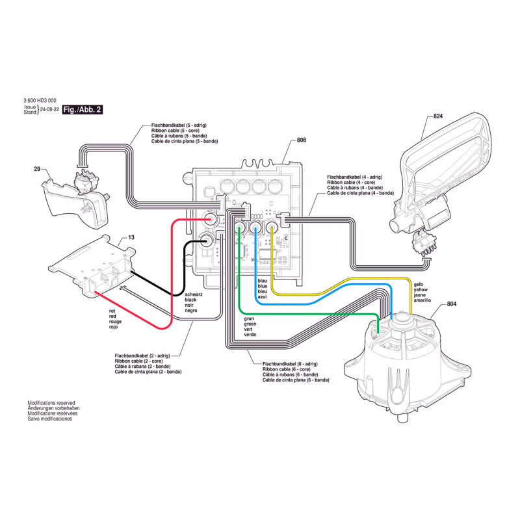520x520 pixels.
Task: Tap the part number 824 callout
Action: tap(437, 117)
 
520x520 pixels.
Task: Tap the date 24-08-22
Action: tap(49, 110)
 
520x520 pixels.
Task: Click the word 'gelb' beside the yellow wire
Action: tap(419, 285)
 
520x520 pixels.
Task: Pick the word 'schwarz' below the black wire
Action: tap(186, 294)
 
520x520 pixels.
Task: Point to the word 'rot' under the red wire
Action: tap(112, 311)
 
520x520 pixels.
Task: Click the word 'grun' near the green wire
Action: tap(249, 319)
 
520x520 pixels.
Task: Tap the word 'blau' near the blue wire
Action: tap(262, 280)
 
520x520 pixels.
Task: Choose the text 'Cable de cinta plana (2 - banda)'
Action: tap(148, 372)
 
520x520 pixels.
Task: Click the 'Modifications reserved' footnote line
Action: tap(52, 403)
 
